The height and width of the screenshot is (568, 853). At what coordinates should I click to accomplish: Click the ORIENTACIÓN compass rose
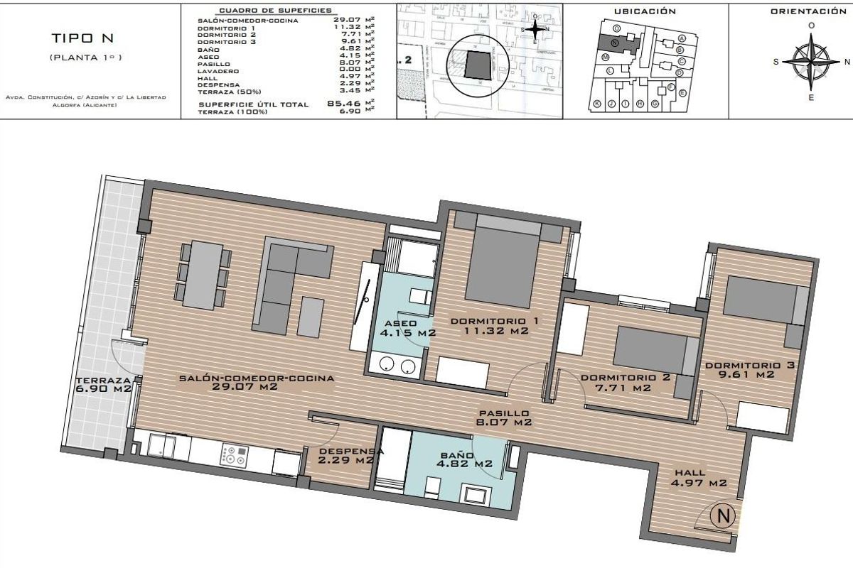[x=811, y=62]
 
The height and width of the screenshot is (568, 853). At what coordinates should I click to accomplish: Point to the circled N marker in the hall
[x=723, y=516]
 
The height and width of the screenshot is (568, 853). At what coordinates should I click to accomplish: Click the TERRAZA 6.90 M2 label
[x=104, y=384]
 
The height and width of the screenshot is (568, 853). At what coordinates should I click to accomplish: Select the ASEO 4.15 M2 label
[x=407, y=327]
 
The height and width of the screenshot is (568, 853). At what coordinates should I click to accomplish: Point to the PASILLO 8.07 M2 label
[x=503, y=417]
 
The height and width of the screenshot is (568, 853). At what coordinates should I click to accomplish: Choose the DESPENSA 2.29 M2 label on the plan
[x=346, y=455]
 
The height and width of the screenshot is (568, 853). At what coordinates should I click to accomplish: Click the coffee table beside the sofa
[x=309, y=316]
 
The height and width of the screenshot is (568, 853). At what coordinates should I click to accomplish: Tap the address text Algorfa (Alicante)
[x=86, y=105]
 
